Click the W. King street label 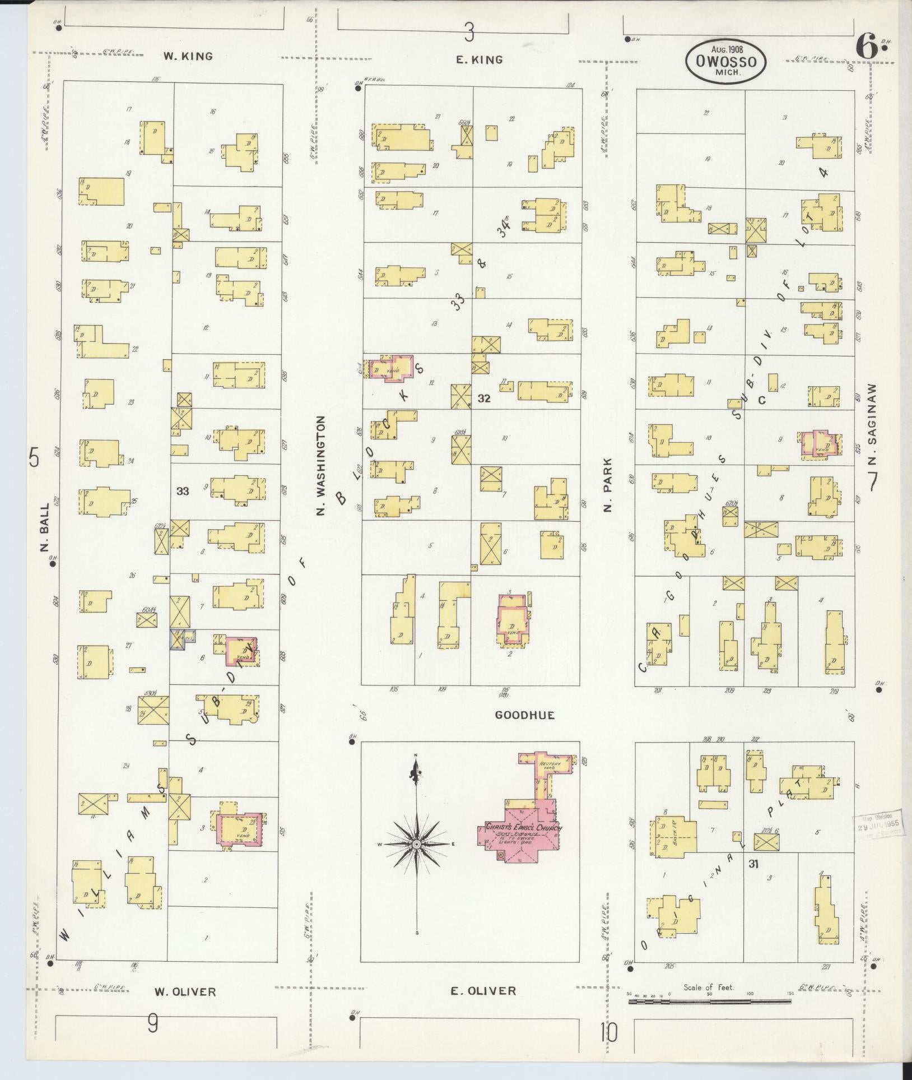[188, 56]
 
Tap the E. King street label [479, 60]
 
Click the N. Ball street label [45, 527]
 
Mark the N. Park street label [608, 485]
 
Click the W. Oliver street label [185, 992]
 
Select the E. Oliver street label [482, 991]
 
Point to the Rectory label [546, 765]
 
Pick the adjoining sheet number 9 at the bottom [152, 1025]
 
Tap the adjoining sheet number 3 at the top [469, 34]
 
